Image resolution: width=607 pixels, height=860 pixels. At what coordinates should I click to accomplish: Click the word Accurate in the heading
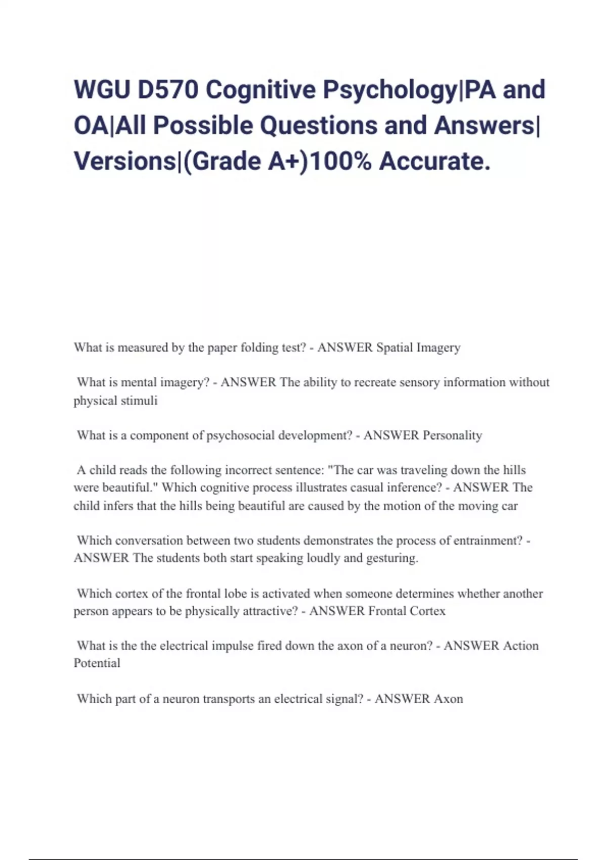click(435, 161)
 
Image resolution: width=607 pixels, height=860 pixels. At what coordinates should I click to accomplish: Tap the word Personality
click(452, 435)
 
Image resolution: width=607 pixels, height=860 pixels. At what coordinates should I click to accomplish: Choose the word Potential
click(97, 663)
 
